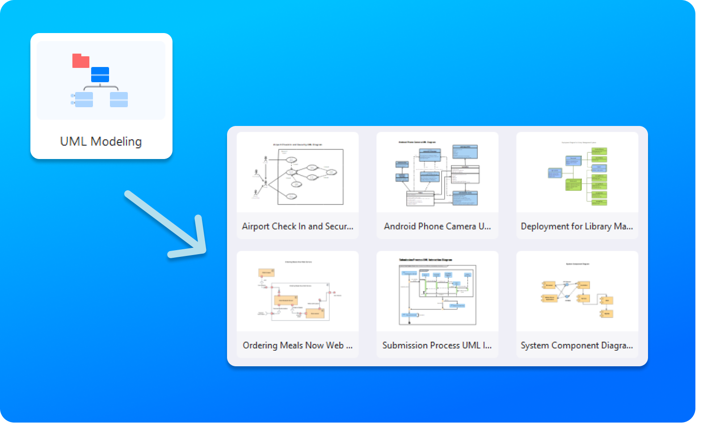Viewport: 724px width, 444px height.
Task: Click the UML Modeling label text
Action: [101, 142]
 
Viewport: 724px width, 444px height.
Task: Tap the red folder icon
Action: [80, 61]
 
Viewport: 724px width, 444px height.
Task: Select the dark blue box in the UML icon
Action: [100, 75]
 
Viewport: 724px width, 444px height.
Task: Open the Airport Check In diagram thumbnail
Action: [298, 173]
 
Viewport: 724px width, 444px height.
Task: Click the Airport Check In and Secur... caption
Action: [298, 226]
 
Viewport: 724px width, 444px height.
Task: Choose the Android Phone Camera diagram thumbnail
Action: [437, 173]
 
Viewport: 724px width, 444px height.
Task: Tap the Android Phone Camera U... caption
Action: [437, 226]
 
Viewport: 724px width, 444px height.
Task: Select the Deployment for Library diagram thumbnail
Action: [577, 173]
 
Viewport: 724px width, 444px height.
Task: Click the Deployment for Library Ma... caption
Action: [577, 226]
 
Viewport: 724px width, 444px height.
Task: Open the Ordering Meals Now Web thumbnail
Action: [298, 292]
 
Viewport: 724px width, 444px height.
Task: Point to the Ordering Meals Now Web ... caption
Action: [298, 345]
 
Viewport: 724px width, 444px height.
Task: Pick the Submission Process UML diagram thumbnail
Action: [437, 292]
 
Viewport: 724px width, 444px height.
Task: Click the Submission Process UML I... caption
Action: [437, 345]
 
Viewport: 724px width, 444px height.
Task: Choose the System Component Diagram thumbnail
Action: [577, 292]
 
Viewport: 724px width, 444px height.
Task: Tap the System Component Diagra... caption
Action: [577, 345]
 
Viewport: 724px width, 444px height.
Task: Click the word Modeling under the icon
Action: [116, 142]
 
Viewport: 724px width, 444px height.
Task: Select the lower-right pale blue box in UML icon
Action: [119, 100]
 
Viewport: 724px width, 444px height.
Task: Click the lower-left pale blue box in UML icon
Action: [84, 100]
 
